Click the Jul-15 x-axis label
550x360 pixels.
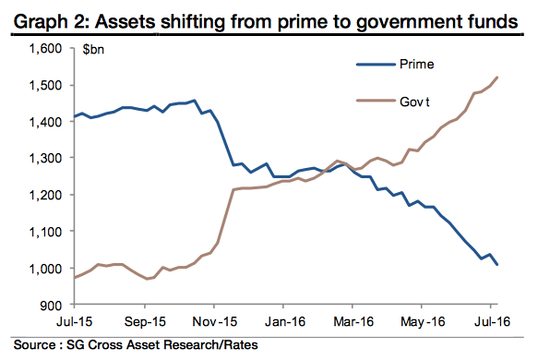tap(73, 324)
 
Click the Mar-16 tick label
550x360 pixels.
tap(353, 324)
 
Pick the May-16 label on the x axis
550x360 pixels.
tap(423, 324)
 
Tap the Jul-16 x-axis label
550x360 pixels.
tap(491, 324)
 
